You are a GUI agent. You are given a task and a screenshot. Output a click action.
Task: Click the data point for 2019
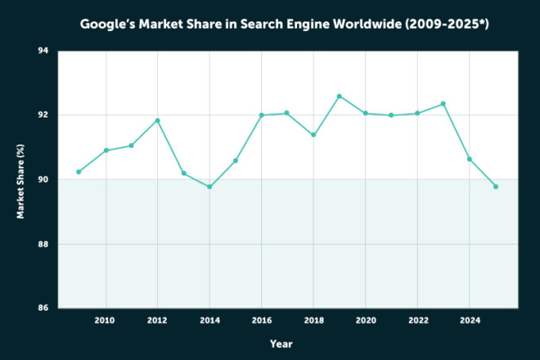[339, 96]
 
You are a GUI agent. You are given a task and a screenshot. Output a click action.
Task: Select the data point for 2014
[210, 187]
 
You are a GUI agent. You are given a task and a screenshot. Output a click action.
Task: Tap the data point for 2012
[157, 120]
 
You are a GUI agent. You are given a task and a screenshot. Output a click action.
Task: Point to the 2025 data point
[496, 187]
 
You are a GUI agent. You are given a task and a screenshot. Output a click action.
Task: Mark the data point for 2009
[79, 172]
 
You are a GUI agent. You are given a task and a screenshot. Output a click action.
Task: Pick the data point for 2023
[443, 103]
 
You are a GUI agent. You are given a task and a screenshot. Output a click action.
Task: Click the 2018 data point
[313, 135]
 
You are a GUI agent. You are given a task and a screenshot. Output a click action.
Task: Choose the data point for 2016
[261, 115]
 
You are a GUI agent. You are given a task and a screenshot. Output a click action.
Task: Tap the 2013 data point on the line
[183, 173]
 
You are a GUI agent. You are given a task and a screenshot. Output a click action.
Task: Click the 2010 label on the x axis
[105, 320]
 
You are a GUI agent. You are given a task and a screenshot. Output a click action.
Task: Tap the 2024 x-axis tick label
[469, 320]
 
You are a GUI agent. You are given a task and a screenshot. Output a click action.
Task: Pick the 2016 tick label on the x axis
[261, 320]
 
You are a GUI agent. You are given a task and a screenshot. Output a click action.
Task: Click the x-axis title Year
[280, 343]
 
